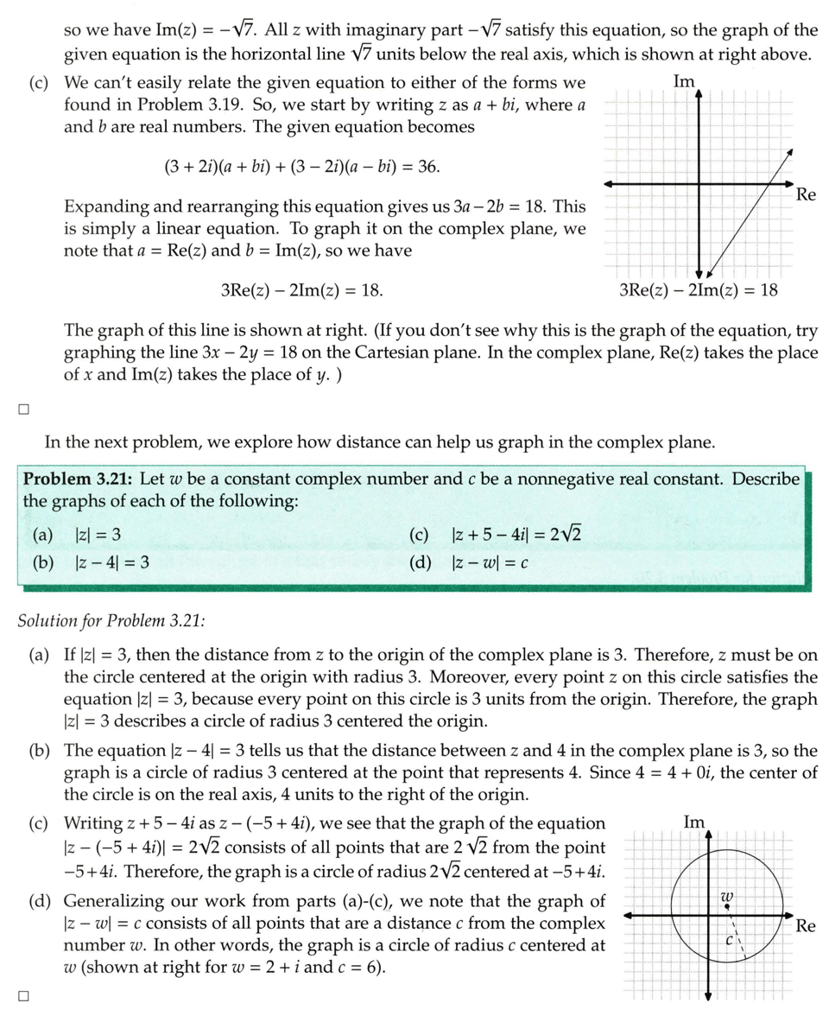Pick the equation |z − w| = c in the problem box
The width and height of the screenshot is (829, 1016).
click(x=490, y=562)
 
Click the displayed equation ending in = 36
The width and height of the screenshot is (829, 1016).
click(x=301, y=167)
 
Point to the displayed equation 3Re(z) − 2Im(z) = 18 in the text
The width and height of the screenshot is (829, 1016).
click(x=302, y=290)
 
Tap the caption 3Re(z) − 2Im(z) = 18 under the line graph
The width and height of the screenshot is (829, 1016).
click(x=699, y=290)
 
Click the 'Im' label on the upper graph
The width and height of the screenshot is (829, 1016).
click(x=684, y=81)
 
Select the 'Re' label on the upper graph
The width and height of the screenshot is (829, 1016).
click(x=806, y=194)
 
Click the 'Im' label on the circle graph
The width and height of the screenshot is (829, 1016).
click(x=694, y=822)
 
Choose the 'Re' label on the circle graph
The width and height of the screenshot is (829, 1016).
click(x=806, y=926)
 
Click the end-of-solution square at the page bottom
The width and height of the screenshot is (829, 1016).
click(x=24, y=995)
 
